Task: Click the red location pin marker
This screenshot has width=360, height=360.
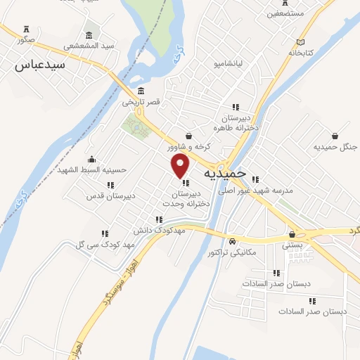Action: point(181,166)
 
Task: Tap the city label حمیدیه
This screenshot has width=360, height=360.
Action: point(225,172)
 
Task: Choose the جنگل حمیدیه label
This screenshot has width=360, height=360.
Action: point(335,146)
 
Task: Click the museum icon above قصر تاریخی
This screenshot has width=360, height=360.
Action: point(141,91)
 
